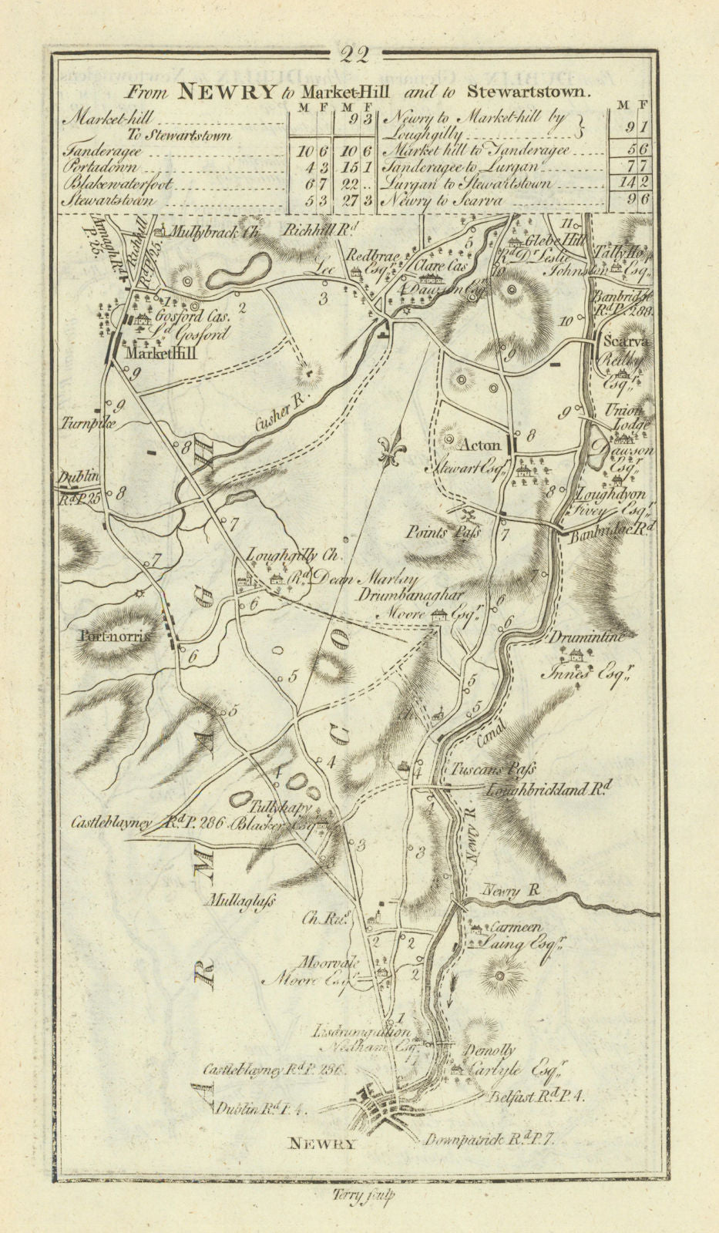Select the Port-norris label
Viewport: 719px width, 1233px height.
point(116,637)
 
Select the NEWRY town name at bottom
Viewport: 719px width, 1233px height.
point(321,1144)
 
